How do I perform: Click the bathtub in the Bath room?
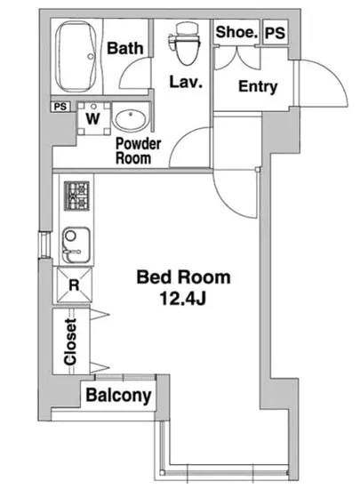tap(76, 56)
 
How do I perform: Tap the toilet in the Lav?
tap(184, 43)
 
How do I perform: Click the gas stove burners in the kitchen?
tap(76, 196)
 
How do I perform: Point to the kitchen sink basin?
tap(76, 245)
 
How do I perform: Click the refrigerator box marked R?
tap(74, 285)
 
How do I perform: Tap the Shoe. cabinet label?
tap(236, 32)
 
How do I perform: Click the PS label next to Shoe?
tap(275, 33)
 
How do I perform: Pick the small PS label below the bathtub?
tap(60, 107)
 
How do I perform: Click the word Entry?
tap(258, 86)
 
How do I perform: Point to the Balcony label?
tap(118, 396)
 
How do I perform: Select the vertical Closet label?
tap(70, 341)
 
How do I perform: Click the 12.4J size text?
tap(183, 299)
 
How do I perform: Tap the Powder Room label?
tap(138, 151)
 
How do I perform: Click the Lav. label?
tap(186, 82)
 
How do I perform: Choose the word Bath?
tap(125, 48)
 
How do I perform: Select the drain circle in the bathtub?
tap(91, 56)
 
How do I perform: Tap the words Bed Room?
tap(184, 277)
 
